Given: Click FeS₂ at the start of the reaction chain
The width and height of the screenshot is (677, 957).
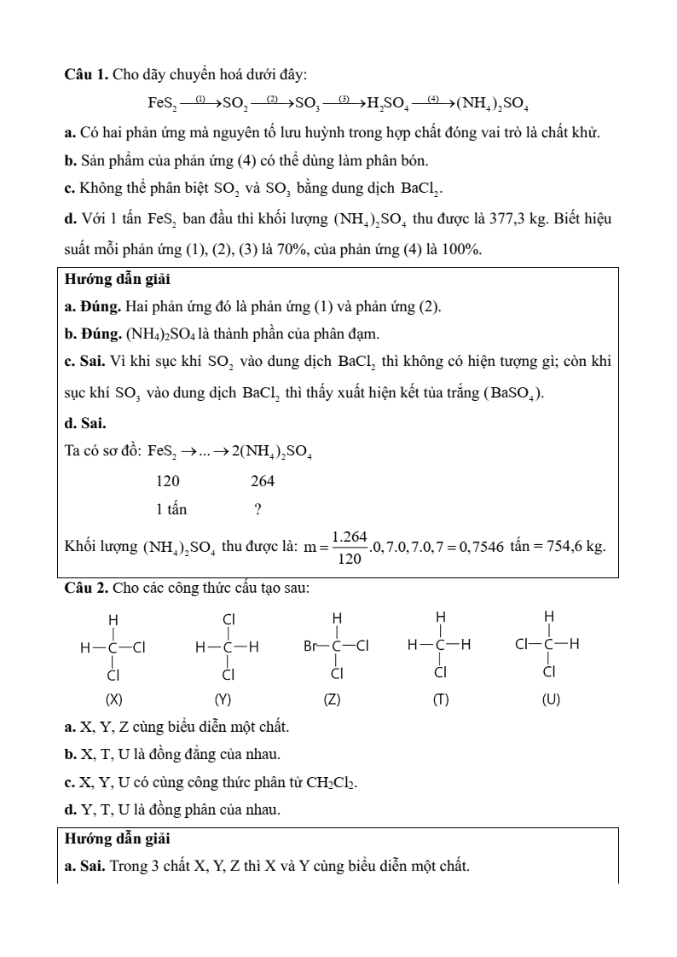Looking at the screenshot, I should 162,104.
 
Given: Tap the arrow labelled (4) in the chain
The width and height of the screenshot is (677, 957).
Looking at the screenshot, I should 433,102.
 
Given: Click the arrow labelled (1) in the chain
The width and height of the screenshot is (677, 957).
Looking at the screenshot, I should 200,102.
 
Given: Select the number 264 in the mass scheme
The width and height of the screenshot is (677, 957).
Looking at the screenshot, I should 263,481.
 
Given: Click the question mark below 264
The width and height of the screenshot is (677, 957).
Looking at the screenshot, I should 257,510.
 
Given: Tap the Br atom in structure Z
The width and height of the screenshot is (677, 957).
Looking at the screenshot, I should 312,647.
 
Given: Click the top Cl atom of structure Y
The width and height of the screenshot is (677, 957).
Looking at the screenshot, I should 229,618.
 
